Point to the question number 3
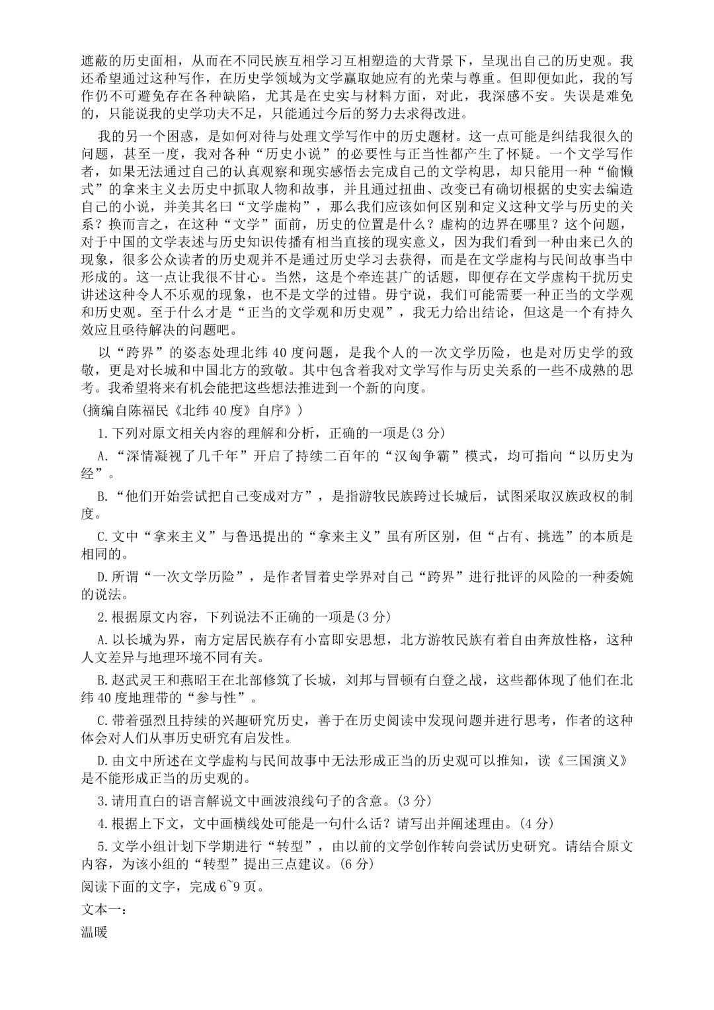[101, 801]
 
